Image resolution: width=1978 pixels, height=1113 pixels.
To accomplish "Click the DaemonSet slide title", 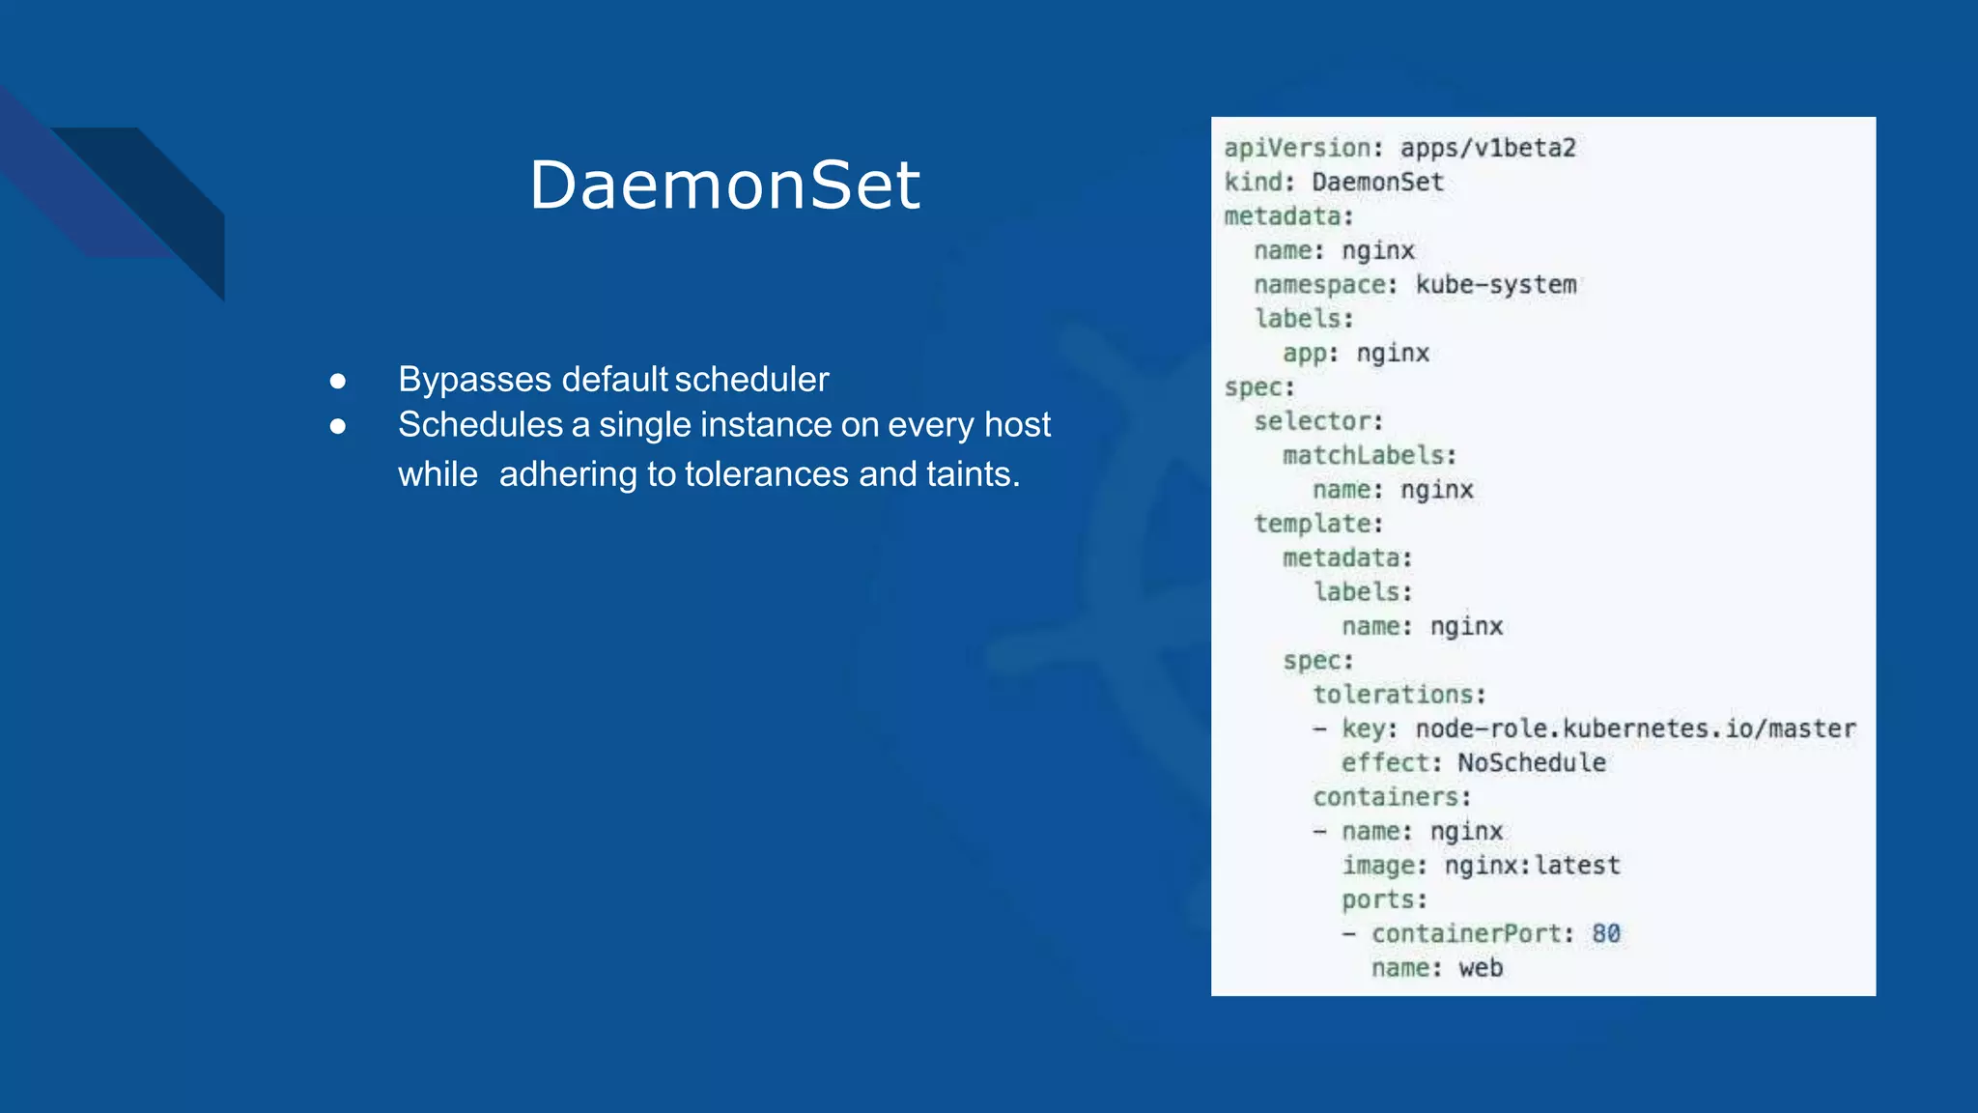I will click(724, 185).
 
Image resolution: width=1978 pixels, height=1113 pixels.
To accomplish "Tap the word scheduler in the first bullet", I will click(751, 380).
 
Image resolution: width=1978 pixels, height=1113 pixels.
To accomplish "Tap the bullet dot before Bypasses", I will click(337, 381).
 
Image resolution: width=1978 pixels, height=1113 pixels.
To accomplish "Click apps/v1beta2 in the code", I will click(1487, 148).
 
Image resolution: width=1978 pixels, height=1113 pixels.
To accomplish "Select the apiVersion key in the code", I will click(1297, 148).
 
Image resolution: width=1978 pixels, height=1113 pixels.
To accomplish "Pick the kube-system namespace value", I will click(1496, 285).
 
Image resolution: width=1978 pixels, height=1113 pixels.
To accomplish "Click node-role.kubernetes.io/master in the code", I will click(1635, 728).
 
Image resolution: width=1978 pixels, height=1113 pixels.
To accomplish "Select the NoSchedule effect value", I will click(1532, 763).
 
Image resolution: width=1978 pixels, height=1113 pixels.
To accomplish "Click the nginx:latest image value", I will click(1532, 866).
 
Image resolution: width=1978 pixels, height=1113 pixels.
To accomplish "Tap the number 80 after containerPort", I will click(1606, 933).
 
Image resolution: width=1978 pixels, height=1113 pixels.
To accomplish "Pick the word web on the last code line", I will click(1481, 968).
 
